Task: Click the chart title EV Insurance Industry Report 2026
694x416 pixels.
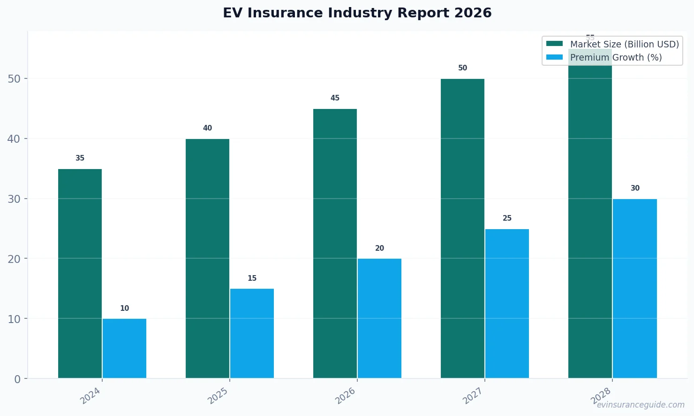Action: pyautogui.click(x=357, y=13)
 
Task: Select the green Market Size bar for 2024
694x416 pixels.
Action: pyautogui.click(x=80, y=273)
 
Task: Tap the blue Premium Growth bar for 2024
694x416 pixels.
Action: pyautogui.click(x=124, y=348)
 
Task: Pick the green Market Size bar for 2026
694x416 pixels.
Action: pyautogui.click(x=335, y=243)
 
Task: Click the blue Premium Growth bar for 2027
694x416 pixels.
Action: pyautogui.click(x=507, y=303)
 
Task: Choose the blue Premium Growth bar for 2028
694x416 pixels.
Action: pyautogui.click(x=634, y=288)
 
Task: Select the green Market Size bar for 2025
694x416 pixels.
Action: pyautogui.click(x=207, y=258)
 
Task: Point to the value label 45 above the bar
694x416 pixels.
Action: pyautogui.click(x=335, y=98)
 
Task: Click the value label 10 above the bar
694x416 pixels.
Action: pyautogui.click(x=124, y=308)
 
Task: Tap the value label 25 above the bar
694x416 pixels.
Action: pyautogui.click(x=507, y=218)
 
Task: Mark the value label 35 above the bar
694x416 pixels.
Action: pyautogui.click(x=80, y=158)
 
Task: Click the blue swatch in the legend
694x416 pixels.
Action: pyautogui.click(x=554, y=57)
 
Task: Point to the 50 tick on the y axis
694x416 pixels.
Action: pyautogui.click(x=14, y=79)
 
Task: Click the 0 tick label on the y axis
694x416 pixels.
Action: pyautogui.click(x=17, y=379)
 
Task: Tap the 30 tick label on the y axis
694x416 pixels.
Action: pyautogui.click(x=14, y=199)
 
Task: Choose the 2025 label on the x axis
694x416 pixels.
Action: pyautogui.click(x=218, y=395)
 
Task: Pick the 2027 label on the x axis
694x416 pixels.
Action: pyautogui.click(x=473, y=395)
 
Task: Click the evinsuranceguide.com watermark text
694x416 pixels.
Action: pyautogui.click(x=640, y=405)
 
